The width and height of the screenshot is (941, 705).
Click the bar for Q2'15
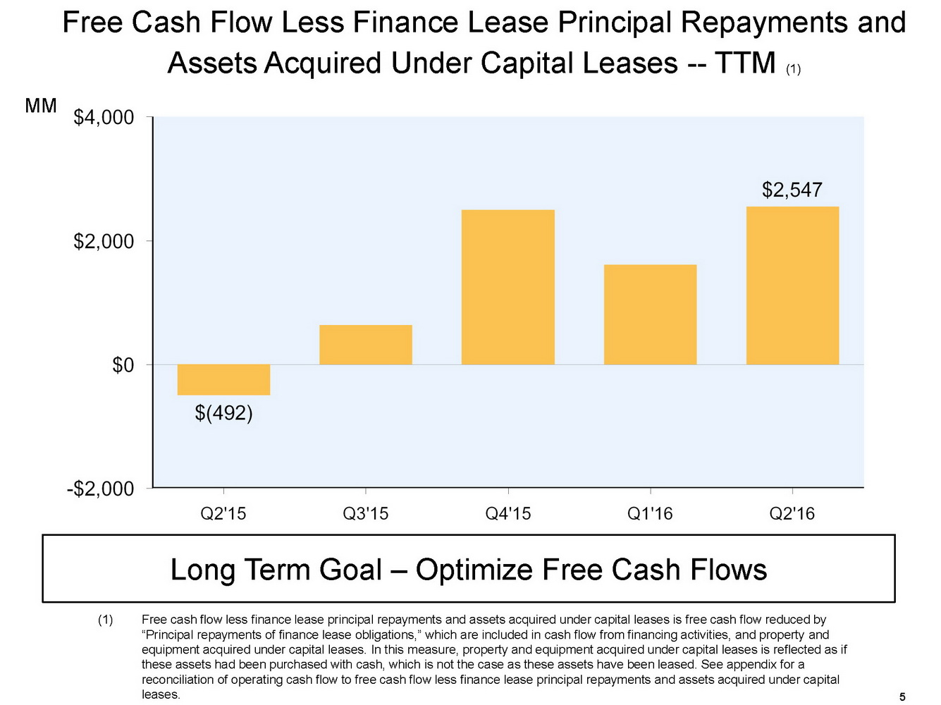[x=223, y=379]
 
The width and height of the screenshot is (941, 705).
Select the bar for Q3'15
[x=365, y=345]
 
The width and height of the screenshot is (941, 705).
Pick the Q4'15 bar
[x=508, y=287]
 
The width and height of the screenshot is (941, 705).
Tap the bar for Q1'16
[x=650, y=314]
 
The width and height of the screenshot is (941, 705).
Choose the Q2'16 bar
[x=792, y=286]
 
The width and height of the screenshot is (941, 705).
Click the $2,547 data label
[x=792, y=190]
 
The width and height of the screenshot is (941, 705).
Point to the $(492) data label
[x=223, y=412]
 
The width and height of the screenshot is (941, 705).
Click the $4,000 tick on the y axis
[x=104, y=117]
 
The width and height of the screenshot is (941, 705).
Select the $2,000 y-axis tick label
[x=104, y=241]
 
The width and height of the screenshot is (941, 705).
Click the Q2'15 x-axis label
[x=223, y=514]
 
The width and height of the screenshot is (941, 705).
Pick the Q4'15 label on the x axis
[x=508, y=514]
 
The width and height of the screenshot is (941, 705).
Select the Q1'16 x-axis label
[x=650, y=514]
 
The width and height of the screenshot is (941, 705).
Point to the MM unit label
[x=41, y=106]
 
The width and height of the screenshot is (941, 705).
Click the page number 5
[x=902, y=697]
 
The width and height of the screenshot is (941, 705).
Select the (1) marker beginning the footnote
[x=105, y=620]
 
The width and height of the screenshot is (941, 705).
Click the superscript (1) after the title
[x=793, y=69]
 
